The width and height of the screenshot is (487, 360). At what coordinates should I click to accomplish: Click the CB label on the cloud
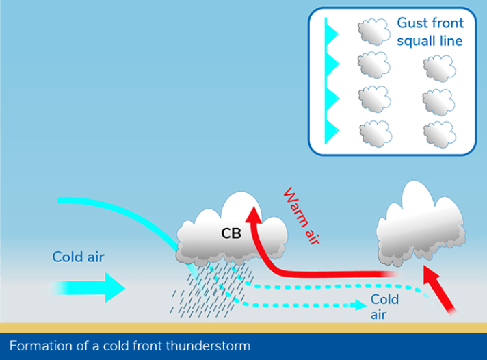coord(231,233)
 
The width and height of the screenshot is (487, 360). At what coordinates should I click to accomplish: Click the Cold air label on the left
coord(78,257)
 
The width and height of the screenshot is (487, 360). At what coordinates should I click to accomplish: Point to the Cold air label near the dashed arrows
coord(384,307)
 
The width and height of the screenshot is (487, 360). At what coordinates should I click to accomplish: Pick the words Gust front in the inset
coord(430,23)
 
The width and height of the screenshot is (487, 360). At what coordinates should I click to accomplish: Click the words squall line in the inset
coord(430,41)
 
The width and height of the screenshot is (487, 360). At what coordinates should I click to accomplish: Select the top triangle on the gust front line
coord(332,31)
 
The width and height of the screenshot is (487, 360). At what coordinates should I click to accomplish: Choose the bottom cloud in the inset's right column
coord(439,133)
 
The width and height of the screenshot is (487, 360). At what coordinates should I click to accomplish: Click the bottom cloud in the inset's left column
coord(375,133)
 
